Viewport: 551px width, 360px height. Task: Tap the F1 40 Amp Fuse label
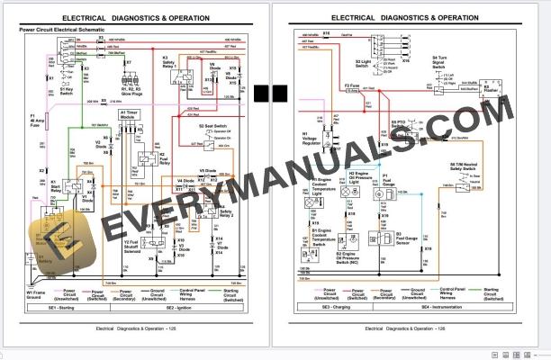tap(37, 121)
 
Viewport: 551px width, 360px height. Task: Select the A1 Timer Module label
tap(131, 116)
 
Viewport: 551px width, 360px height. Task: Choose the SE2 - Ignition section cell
tap(181, 308)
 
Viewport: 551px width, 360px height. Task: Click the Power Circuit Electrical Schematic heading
tap(68, 30)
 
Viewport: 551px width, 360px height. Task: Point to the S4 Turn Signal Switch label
tap(438, 64)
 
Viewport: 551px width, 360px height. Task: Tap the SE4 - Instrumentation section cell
tap(438, 308)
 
